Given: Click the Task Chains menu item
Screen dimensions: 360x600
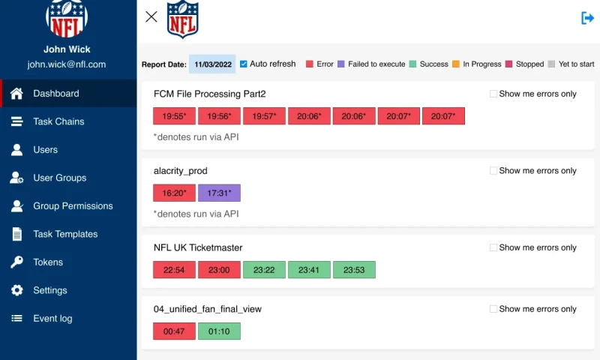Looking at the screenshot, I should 58,121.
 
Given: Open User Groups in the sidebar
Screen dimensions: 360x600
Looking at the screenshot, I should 59,178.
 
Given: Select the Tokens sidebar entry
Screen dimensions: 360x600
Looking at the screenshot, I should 48,262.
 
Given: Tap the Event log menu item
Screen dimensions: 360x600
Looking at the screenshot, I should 52,319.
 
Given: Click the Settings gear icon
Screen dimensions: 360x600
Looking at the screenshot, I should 16,290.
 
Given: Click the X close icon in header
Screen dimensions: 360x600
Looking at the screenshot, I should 151,16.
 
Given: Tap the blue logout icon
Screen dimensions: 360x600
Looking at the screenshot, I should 587,18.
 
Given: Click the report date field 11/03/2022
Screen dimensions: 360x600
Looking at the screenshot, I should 213,64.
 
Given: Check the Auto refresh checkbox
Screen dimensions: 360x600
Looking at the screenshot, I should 244,64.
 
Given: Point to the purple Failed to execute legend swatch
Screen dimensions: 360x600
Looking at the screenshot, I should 341,64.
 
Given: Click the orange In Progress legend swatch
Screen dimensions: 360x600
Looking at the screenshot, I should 456,64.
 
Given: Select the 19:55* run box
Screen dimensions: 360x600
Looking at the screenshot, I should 174,116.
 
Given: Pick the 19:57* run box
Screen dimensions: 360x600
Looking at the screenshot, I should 264,116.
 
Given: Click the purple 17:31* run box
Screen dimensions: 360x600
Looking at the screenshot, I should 219,193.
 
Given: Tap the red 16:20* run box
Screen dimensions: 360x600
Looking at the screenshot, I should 174,193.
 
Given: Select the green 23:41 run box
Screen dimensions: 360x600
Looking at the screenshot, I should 309,270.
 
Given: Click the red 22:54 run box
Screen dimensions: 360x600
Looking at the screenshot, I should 174,270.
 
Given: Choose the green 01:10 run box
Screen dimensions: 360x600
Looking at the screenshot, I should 219,331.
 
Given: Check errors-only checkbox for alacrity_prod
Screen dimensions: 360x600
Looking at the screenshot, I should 493,171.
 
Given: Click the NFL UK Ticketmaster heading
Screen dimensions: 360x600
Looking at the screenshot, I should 198,247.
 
